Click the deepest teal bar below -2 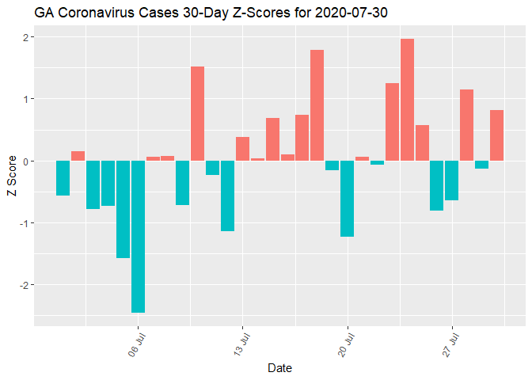tap(138, 237)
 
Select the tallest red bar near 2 tap(407, 100)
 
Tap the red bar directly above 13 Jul tap(242, 149)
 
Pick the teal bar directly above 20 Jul tap(347, 199)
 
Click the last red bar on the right tap(496, 135)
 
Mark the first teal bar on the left tap(63, 178)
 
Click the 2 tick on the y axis tap(25, 37)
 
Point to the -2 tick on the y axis tap(23, 285)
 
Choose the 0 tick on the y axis tap(25, 161)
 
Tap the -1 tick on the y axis tap(23, 223)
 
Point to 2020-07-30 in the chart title tap(349, 13)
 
